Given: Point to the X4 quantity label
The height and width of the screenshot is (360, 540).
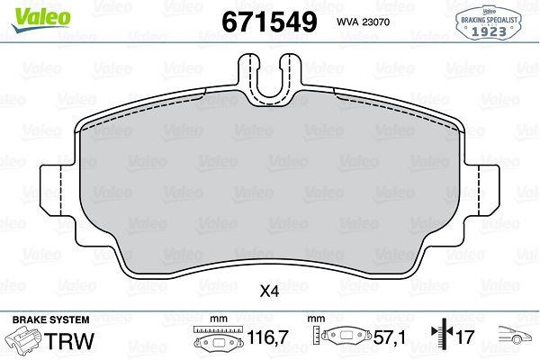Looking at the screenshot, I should tap(269, 291).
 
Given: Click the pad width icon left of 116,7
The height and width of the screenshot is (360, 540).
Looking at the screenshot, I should tap(215, 341).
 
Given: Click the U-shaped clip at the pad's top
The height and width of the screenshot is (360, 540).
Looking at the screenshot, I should tap(269, 76).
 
